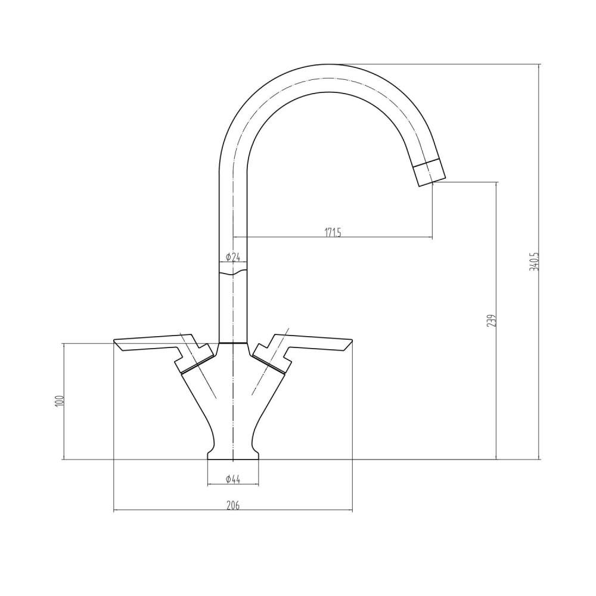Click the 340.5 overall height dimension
[533, 262]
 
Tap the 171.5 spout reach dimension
[333, 232]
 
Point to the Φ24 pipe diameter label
[232, 257]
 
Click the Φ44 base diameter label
[232, 479]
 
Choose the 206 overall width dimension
[232, 505]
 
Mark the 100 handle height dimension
[58, 401]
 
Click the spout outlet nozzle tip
[429, 173]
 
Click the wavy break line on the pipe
[232, 273]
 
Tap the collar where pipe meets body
[232, 344]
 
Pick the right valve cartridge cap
[269, 361]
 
